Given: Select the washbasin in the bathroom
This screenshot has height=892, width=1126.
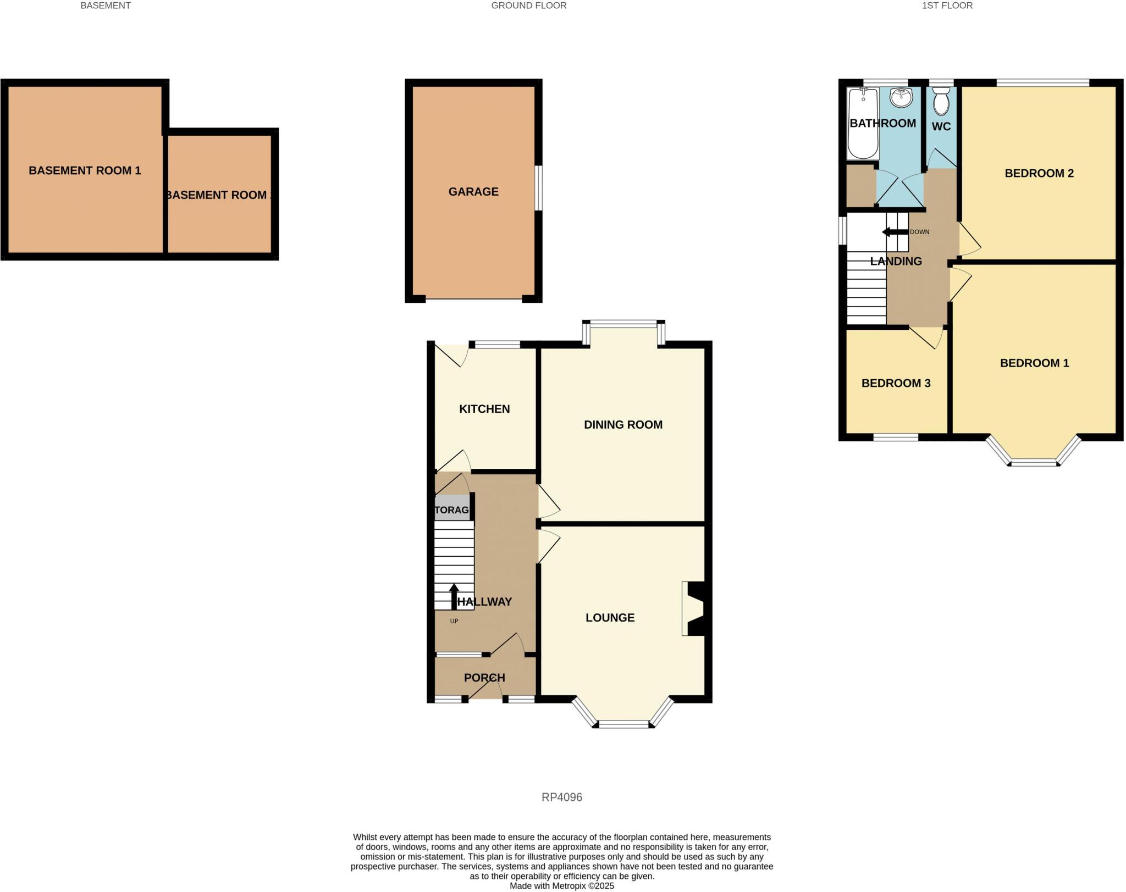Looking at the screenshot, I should pyautogui.click(x=901, y=98).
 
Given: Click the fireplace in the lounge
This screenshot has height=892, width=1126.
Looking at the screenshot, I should pyautogui.click(x=694, y=608).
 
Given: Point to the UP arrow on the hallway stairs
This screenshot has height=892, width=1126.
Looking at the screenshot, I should pyautogui.click(x=454, y=596).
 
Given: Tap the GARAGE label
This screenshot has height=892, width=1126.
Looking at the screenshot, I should pyautogui.click(x=473, y=192).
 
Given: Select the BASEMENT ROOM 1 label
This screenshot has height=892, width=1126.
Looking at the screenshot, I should pyautogui.click(x=85, y=170).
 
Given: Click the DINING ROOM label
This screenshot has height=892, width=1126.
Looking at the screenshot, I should pyautogui.click(x=623, y=424).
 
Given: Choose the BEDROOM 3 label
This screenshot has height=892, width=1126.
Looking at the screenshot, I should pyautogui.click(x=896, y=383).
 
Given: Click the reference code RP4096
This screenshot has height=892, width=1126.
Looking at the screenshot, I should pyautogui.click(x=562, y=797).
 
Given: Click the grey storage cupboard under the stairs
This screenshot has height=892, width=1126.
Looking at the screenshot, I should pyautogui.click(x=452, y=509).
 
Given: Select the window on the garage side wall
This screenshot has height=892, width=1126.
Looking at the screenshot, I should pyautogui.click(x=539, y=187).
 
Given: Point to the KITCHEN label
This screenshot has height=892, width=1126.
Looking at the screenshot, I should pyautogui.click(x=484, y=409).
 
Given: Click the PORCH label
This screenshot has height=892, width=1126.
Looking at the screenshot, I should pyautogui.click(x=484, y=678).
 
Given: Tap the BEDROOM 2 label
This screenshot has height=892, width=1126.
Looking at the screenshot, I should pyautogui.click(x=1039, y=173).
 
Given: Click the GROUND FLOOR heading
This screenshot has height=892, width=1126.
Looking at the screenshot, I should pyautogui.click(x=528, y=5).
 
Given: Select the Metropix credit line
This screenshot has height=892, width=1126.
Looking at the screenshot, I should pyautogui.click(x=562, y=886).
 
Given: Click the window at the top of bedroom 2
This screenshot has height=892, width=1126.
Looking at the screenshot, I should pyautogui.click(x=1042, y=83).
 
